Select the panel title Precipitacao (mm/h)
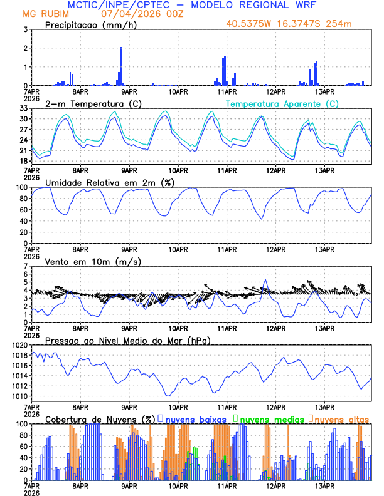coord(88,25)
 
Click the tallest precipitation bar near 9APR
coord(121,66)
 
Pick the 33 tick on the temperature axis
coord(24,108)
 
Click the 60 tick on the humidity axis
coord(23,210)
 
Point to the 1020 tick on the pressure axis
coord(19,345)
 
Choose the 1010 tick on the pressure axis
coord(19,396)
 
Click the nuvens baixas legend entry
coord(195,418)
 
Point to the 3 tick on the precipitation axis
coord(26,29)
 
